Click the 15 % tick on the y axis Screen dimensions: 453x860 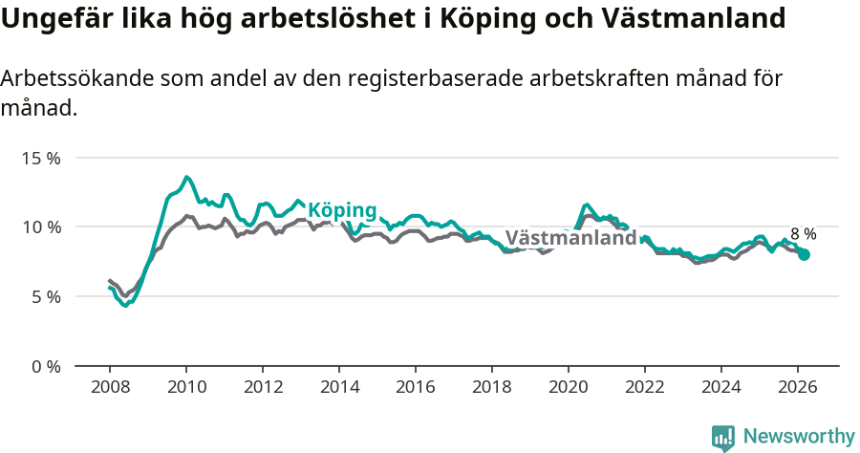41,158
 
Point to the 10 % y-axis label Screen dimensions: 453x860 41,227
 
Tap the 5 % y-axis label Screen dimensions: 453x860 45,297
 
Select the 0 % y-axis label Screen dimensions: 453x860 45,367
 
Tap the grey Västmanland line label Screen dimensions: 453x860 570,238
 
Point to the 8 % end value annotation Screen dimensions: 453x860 803,234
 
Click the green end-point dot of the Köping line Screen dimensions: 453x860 805,255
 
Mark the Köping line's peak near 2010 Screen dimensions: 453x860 186,177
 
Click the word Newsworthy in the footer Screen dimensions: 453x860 799,437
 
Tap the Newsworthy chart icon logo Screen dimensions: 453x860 723,438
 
